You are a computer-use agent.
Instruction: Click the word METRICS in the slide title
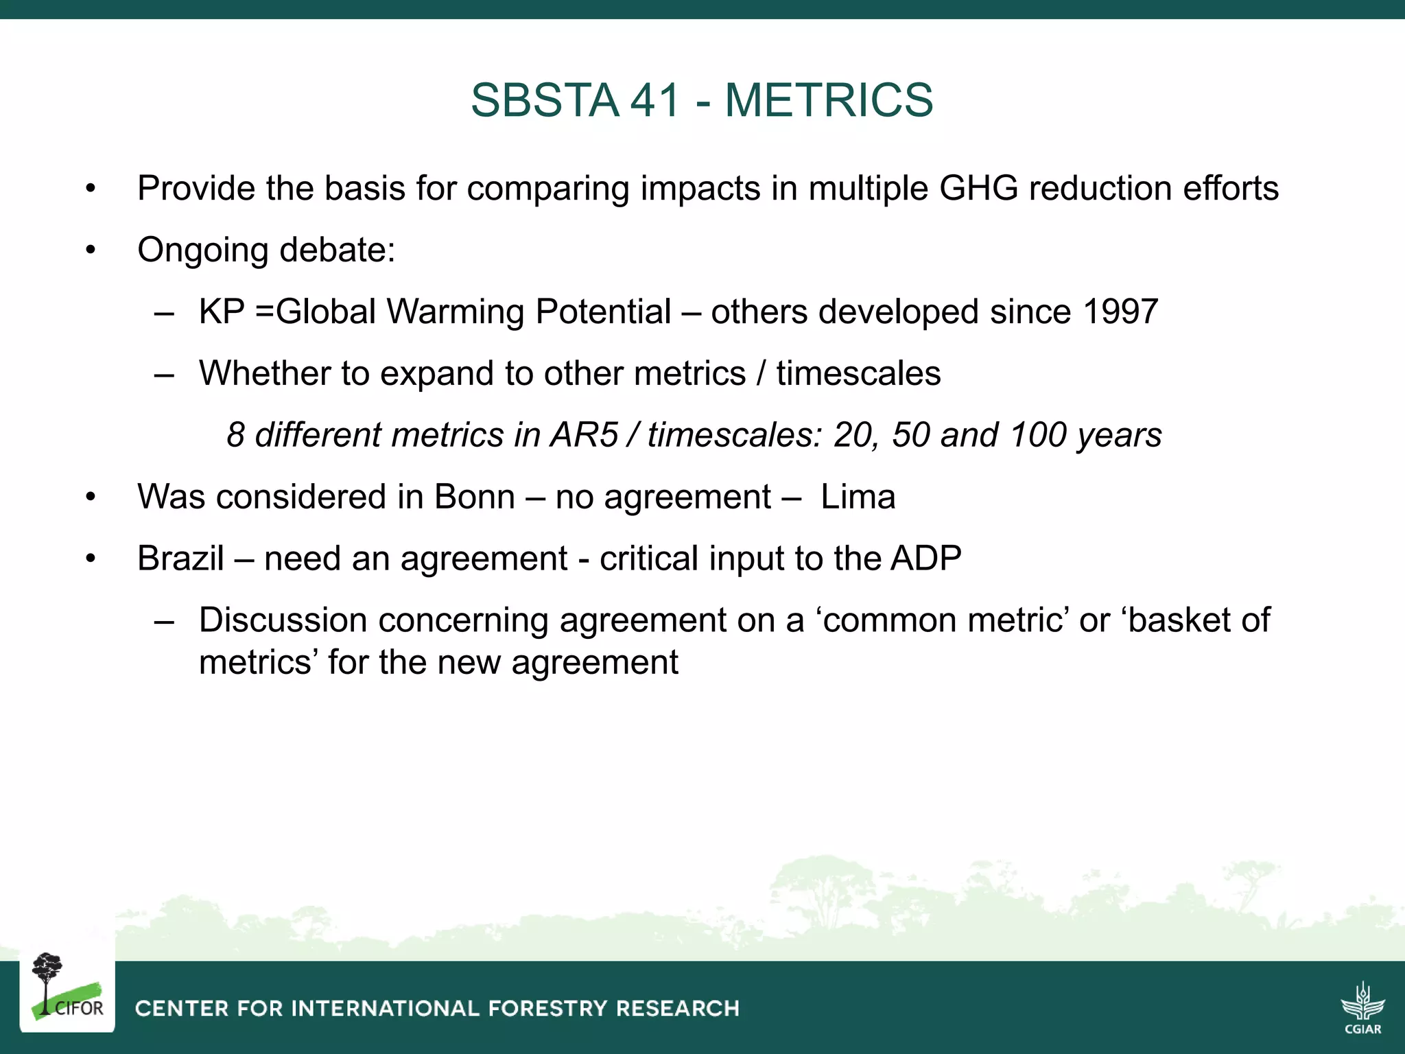(x=829, y=100)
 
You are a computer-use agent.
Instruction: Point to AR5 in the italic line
(x=585, y=435)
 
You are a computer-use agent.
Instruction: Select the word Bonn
(x=474, y=497)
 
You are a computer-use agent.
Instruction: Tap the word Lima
(x=858, y=497)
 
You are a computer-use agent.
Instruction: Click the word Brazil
(x=180, y=559)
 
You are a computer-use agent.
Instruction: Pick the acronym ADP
(x=925, y=559)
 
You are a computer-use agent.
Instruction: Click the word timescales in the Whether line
(x=858, y=373)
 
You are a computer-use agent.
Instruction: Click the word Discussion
(x=283, y=620)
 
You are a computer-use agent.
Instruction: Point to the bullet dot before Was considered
(x=91, y=497)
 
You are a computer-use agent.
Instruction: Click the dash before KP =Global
(x=164, y=313)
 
